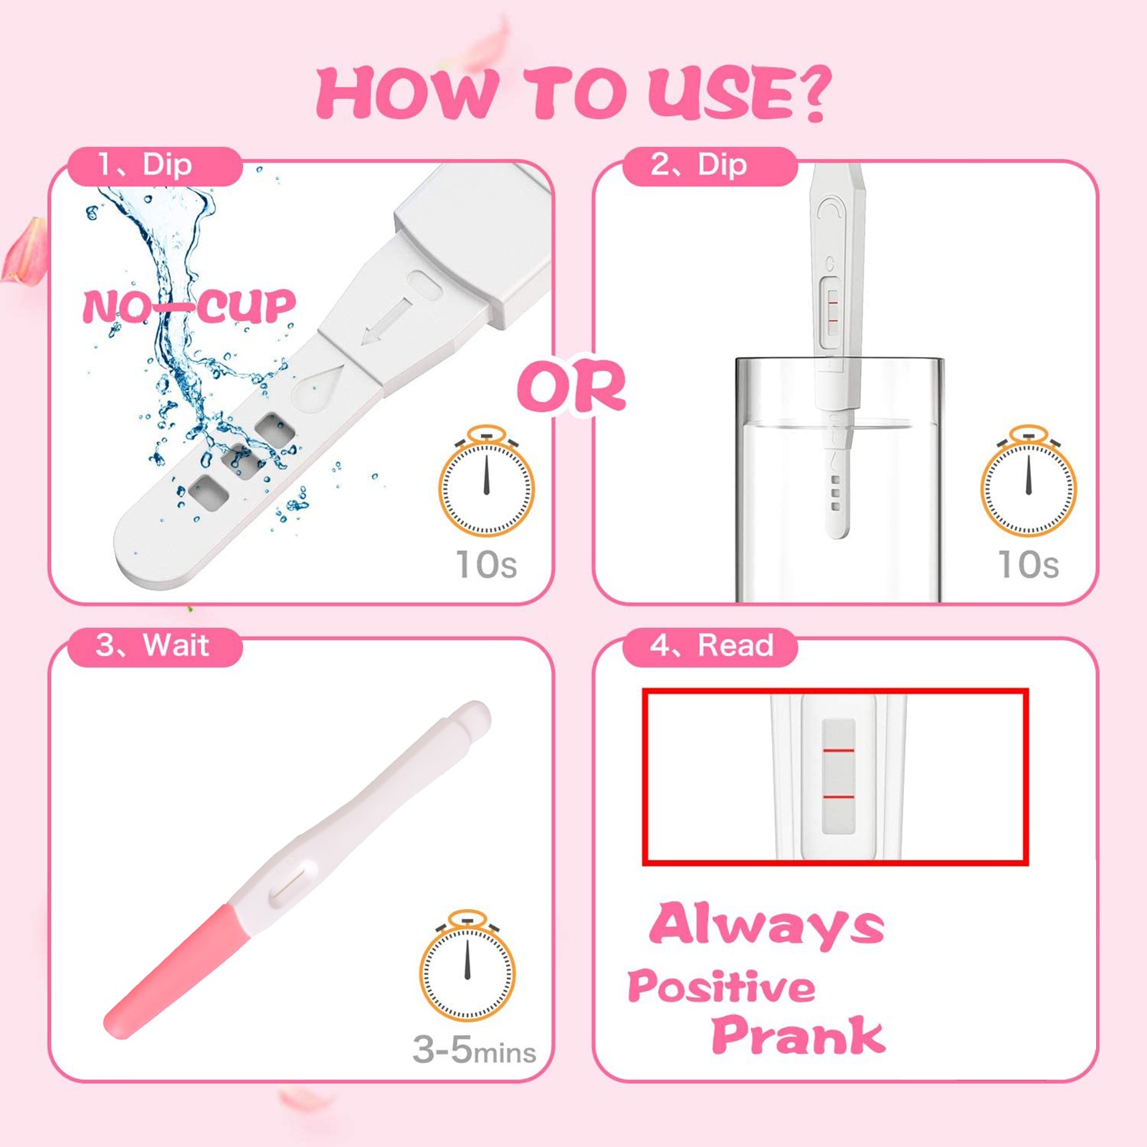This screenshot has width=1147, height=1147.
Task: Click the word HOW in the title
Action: click(x=406, y=93)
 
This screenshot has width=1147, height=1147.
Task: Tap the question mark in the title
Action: click(x=807, y=92)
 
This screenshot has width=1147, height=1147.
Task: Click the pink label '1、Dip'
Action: click(x=155, y=166)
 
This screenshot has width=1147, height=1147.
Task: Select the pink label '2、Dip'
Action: click(x=710, y=166)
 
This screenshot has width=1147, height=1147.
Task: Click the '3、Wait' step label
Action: click(x=155, y=646)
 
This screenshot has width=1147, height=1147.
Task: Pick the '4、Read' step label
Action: click(x=710, y=646)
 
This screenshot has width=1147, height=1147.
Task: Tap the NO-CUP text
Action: click(x=189, y=307)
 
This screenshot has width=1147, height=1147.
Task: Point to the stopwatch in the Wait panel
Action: click(x=467, y=966)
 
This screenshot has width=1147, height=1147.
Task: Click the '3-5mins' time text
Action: click(x=474, y=1050)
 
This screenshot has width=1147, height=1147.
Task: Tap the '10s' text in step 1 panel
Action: click(x=487, y=564)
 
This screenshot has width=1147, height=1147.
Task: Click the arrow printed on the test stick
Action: click(x=387, y=321)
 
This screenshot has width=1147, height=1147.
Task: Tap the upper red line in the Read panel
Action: click(x=838, y=751)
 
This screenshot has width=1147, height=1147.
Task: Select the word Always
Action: click(x=766, y=925)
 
